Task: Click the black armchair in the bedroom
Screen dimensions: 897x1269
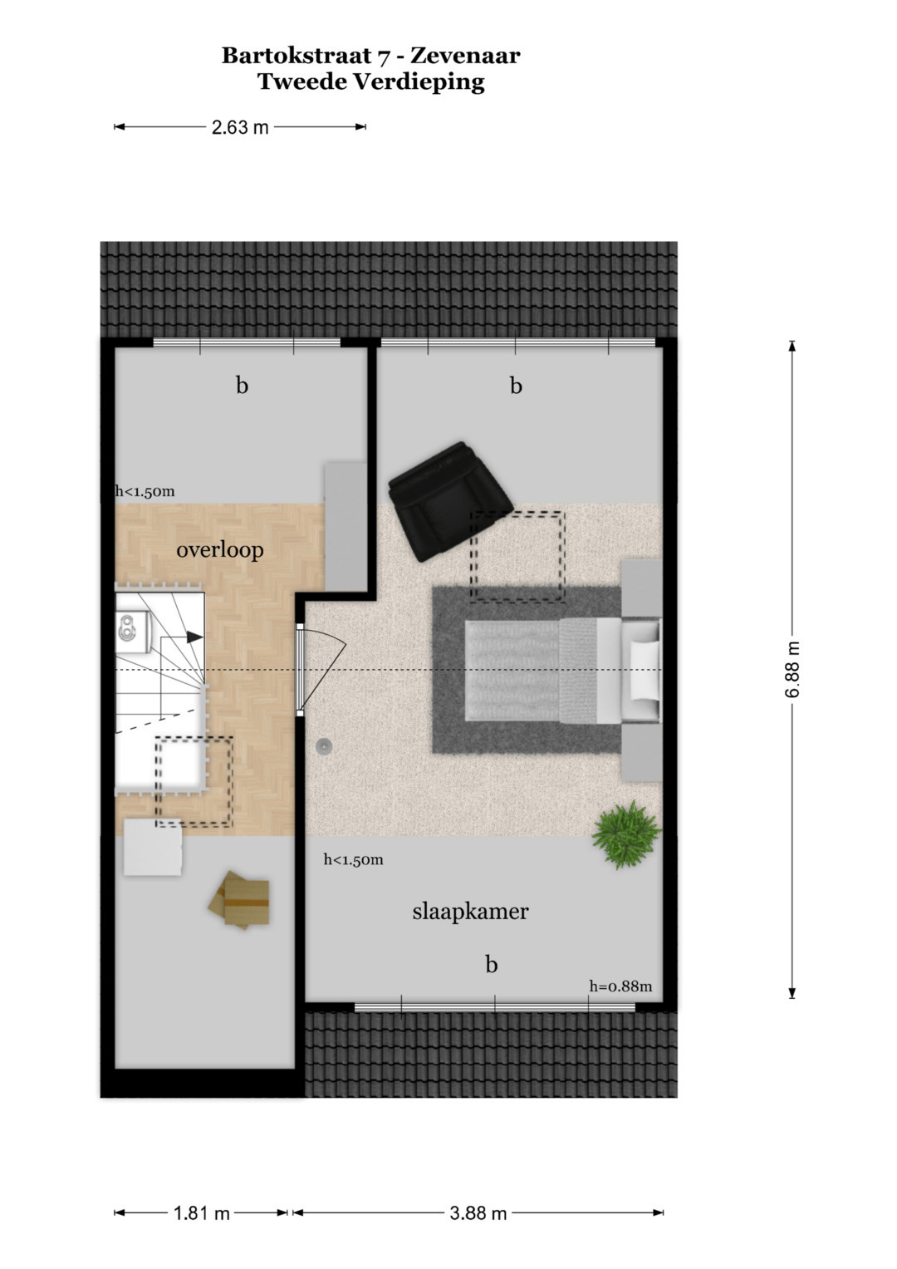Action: coord(450,501)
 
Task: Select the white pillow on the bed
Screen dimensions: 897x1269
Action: coord(645,670)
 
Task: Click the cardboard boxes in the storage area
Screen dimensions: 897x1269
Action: coord(239,900)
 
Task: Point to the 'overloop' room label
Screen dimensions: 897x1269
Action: coord(220,549)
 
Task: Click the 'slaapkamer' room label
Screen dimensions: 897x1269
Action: coord(470,912)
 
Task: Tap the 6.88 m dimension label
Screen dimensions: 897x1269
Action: coord(792,670)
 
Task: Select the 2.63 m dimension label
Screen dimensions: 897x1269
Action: coord(240,127)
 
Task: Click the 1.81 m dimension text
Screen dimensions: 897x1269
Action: coord(202,1213)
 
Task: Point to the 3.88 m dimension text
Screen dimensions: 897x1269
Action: coord(478,1213)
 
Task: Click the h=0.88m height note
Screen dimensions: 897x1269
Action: coord(620,986)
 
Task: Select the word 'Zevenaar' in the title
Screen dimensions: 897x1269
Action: coord(465,56)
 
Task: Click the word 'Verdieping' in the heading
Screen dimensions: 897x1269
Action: coord(419,81)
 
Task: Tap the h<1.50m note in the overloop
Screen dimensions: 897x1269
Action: coord(145,491)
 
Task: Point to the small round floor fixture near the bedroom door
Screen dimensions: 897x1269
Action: coord(323,746)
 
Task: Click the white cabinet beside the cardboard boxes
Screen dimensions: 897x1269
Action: coord(153,847)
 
